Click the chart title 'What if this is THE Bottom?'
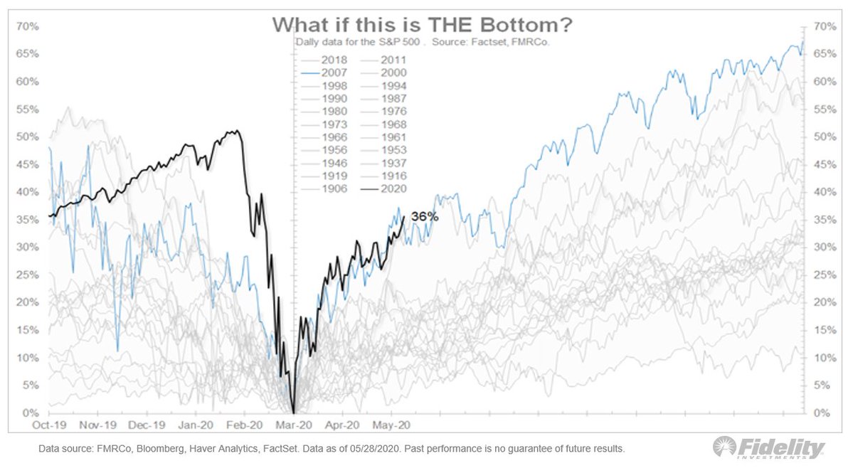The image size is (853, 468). pyautogui.click(x=423, y=24)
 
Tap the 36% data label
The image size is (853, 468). pyautogui.click(x=425, y=216)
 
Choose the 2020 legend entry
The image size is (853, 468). pyautogui.click(x=392, y=188)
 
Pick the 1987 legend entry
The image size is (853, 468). pyautogui.click(x=392, y=99)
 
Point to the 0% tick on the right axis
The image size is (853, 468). pyautogui.click(x=821, y=413)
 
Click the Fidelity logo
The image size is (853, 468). pyautogui.click(x=770, y=448)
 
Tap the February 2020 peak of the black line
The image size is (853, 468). pyautogui.click(x=235, y=131)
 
